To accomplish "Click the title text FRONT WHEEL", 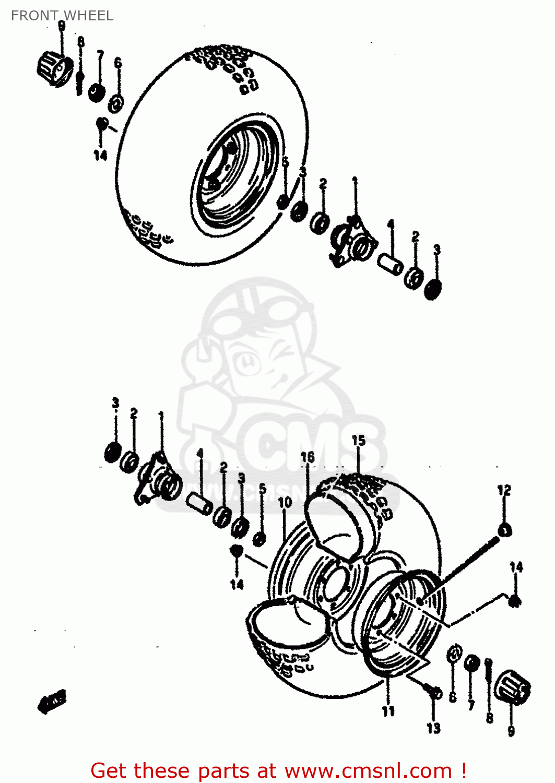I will coord(62,16).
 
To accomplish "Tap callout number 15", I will coord(358,441).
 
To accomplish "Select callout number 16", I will coord(308,457).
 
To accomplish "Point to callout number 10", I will coord(285,503).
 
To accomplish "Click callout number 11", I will coord(388,711).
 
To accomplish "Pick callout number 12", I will coord(504,490).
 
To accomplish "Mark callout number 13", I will coord(433,728).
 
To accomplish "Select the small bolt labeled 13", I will coord(433,692).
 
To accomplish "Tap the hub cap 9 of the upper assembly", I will coord(55,69).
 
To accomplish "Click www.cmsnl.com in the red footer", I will coord(368,770).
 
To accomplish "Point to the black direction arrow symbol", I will coord(52,702).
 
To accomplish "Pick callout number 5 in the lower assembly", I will coord(263,489).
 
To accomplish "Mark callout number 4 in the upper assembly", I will coord(391,224).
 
